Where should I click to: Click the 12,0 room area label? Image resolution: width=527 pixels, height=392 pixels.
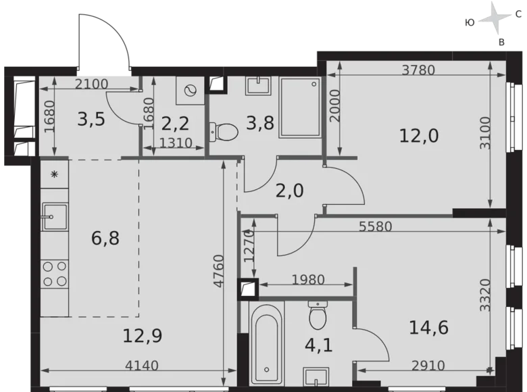pyautogui.click(x=419, y=136)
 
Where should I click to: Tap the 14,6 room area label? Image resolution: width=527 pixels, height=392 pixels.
pyautogui.click(x=428, y=327)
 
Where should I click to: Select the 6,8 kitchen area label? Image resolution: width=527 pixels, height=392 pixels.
pyautogui.click(x=105, y=239)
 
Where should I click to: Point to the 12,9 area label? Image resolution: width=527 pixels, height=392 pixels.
pyautogui.click(x=142, y=335)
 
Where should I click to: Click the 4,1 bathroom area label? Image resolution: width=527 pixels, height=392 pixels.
pyautogui.click(x=319, y=345)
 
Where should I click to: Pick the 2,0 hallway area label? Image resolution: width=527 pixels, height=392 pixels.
pyautogui.click(x=289, y=191)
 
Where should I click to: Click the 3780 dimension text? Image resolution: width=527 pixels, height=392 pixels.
pyautogui.click(x=418, y=70)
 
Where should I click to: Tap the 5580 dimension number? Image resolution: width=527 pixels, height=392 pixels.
pyautogui.click(x=376, y=226)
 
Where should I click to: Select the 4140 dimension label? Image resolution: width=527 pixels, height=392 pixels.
pyautogui.click(x=141, y=366)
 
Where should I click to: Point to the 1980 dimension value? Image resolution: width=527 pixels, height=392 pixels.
pyautogui.click(x=308, y=280)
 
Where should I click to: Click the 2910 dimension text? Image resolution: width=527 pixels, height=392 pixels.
pyautogui.click(x=428, y=366)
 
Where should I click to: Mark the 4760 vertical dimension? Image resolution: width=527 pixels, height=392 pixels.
pyautogui.click(x=218, y=271)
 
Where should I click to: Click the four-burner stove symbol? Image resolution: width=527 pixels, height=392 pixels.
pyautogui.click(x=55, y=274)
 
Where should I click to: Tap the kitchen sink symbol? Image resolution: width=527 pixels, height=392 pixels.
pyautogui.click(x=55, y=216)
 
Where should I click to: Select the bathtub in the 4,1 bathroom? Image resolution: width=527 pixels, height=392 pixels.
pyautogui.click(x=266, y=343)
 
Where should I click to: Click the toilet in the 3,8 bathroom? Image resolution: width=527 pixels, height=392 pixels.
pyautogui.click(x=224, y=131)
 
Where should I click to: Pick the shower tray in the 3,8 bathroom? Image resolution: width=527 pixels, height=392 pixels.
pyautogui.click(x=300, y=107)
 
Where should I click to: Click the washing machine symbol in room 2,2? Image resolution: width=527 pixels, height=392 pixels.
pyautogui.click(x=191, y=91)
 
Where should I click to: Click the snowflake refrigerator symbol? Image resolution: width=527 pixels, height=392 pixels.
pyautogui.click(x=54, y=174)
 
